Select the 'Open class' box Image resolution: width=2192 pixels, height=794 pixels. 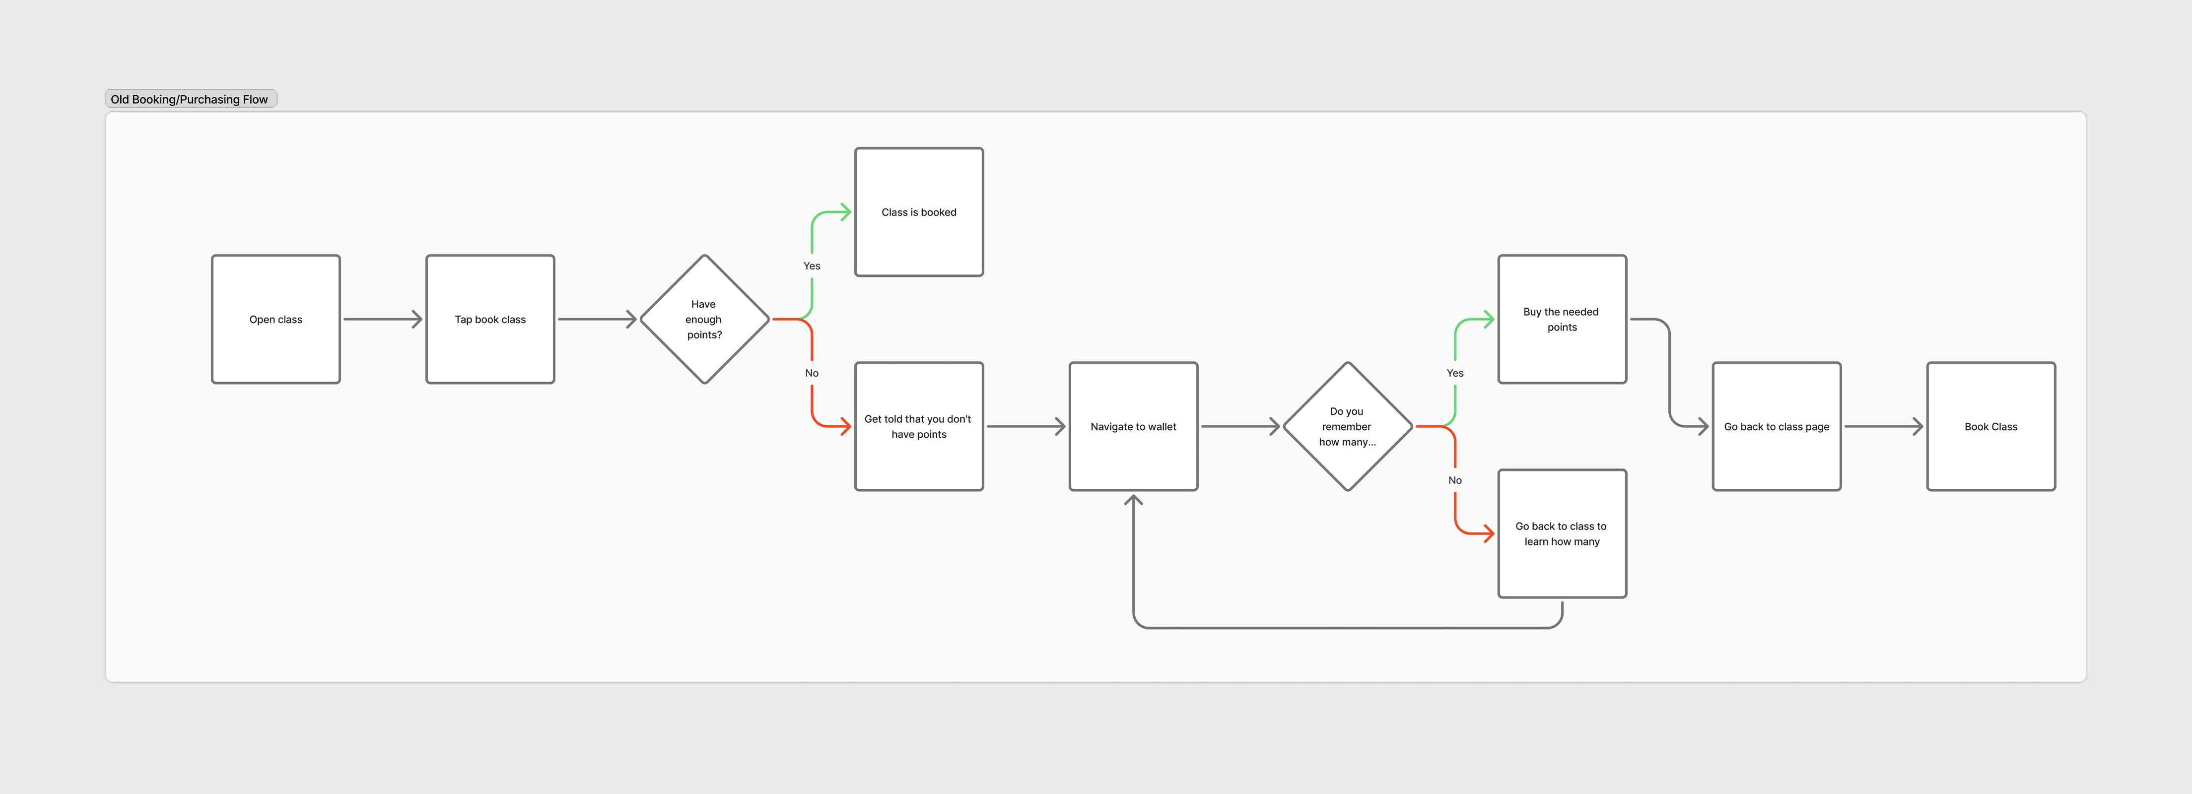point(275,319)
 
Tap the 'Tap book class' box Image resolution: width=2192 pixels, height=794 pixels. point(490,319)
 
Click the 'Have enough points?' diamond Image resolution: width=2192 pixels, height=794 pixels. point(704,319)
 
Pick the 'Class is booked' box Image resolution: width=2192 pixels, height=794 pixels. point(919,212)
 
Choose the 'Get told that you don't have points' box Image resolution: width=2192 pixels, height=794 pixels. point(919,426)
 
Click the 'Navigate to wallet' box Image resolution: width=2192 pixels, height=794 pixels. point(1133,426)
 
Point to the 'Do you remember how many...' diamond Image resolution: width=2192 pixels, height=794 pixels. point(1348,426)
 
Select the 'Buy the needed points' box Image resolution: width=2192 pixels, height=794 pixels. point(1562,319)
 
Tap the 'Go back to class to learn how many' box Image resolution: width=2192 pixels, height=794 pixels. point(1562,533)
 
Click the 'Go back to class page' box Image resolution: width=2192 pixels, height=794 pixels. point(1777,426)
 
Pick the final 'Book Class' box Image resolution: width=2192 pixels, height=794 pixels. point(1991,426)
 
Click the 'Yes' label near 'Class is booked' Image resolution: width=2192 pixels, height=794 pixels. point(812,265)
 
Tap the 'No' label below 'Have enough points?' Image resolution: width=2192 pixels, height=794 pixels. point(812,373)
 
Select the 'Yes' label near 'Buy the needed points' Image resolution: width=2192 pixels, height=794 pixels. point(1455,373)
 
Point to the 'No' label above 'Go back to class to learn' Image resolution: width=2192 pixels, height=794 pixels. point(1455,480)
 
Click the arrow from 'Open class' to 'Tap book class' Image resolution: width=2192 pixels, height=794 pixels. point(383,319)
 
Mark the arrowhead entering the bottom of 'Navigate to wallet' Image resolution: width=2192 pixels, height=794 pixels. point(1133,500)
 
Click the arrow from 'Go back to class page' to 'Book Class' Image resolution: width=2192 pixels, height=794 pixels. point(1884,426)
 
